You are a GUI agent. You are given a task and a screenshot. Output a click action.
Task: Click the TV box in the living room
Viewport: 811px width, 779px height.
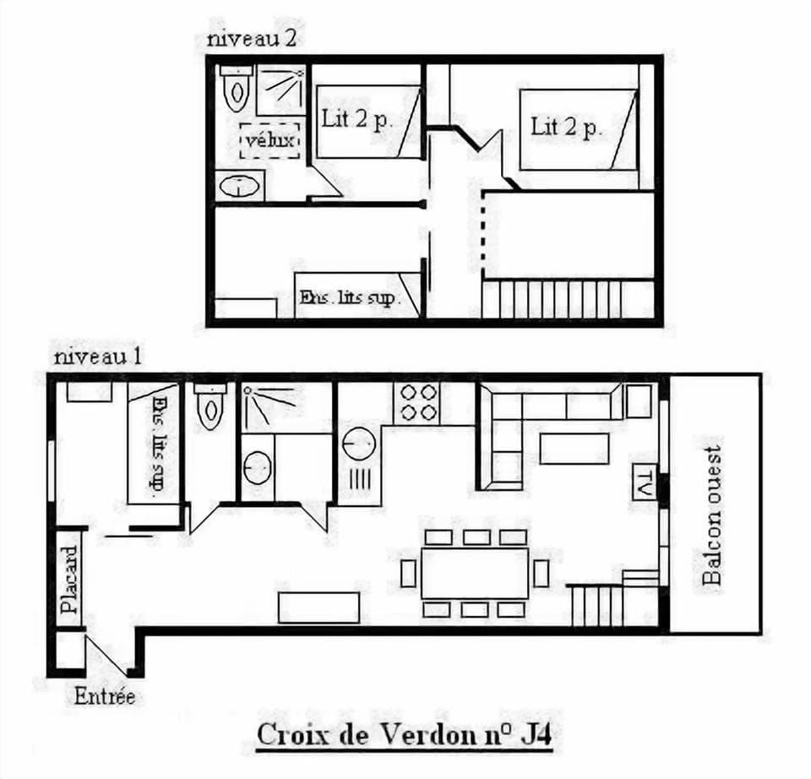645,482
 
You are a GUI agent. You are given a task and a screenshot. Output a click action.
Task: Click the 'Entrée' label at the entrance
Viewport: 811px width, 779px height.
105,697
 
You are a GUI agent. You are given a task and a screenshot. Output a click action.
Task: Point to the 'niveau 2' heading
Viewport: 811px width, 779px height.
251,38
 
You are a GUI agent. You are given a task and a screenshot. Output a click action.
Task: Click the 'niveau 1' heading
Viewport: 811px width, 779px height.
98,357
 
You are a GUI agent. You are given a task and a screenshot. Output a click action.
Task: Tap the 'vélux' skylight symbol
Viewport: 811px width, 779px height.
270,140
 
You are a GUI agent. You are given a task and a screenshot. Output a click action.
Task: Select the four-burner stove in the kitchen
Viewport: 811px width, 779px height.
416,401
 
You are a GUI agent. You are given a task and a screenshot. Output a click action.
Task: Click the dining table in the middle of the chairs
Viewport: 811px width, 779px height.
475,574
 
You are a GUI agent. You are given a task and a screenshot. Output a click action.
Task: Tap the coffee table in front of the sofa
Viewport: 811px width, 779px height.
574,448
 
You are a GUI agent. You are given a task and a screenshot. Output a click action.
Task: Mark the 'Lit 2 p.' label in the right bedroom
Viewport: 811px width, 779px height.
565,128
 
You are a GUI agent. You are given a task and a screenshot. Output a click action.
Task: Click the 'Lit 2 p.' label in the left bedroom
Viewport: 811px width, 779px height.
357,119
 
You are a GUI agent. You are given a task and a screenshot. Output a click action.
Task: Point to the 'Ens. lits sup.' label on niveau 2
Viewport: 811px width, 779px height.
348,298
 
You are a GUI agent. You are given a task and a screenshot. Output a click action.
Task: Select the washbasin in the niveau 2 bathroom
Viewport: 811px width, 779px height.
240,185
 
